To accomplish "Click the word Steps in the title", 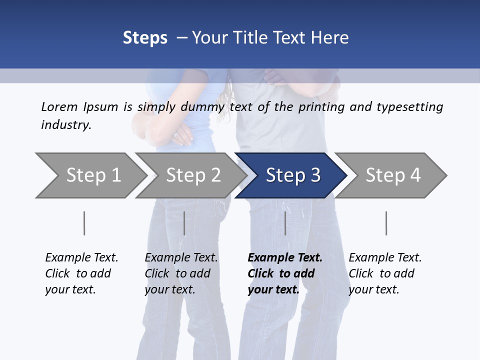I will click(145, 38).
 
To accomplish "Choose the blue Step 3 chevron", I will click(292, 175).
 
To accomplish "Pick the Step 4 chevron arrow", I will click(392, 175).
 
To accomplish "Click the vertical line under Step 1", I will click(84, 223).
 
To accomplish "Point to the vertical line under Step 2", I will click(184, 223).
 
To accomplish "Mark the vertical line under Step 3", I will click(285, 223).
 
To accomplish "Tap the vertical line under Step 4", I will click(386, 223).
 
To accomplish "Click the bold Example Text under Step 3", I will click(285, 258).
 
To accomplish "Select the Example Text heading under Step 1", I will click(81, 258).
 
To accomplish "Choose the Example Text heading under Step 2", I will click(181, 258).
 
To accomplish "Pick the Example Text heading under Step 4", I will click(385, 258).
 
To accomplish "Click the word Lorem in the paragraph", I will click(59, 107).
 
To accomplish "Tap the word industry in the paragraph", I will click(65, 125).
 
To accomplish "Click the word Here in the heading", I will click(331, 38).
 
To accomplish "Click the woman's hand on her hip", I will click(182, 136).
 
